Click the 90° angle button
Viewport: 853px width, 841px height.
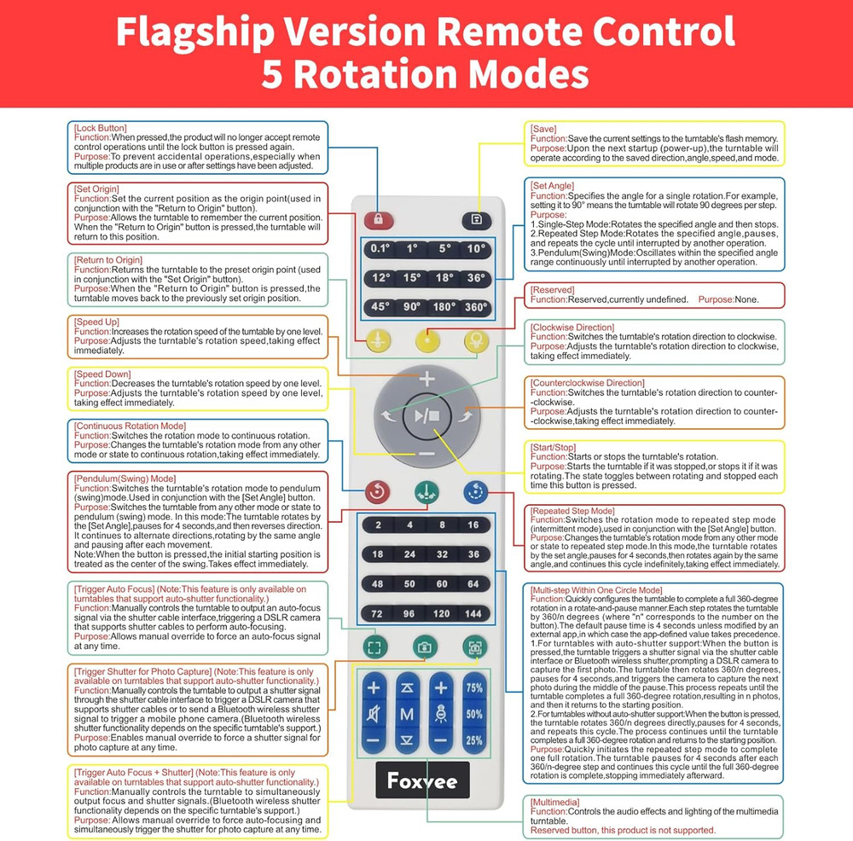[411, 307]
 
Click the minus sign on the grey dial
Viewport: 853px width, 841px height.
[426, 453]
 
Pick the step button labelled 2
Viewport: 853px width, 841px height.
[378, 525]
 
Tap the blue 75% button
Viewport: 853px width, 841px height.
[474, 687]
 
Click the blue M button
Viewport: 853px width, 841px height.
[408, 713]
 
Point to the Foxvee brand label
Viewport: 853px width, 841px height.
[421, 781]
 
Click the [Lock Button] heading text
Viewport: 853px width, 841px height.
[100, 128]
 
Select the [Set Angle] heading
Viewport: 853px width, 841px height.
[552, 186]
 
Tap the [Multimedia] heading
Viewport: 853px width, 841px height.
[554, 803]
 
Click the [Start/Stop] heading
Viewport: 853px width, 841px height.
[554, 448]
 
